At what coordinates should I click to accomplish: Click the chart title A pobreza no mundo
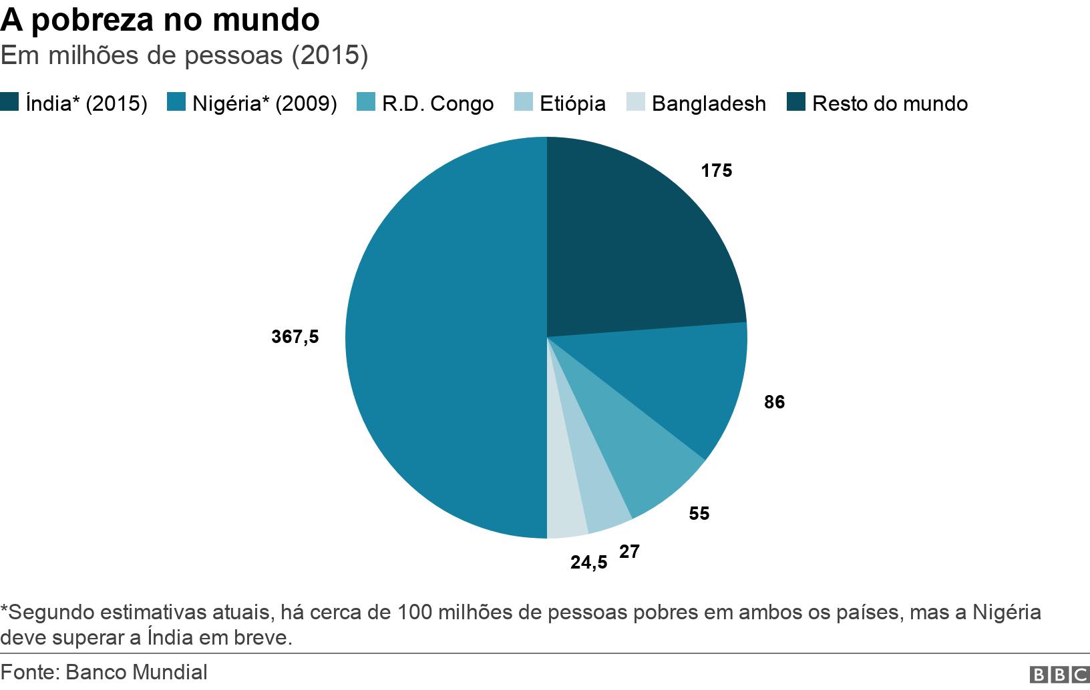point(160,20)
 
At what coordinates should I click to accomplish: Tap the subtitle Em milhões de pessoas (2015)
point(184,55)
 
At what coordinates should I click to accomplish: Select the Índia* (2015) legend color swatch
point(9,103)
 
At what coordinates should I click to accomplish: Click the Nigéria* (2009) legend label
point(264,103)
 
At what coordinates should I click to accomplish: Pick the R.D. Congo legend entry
point(437,103)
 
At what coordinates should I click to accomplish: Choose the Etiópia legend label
point(572,103)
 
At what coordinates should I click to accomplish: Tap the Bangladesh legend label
point(709,103)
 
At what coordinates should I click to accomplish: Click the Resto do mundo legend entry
point(890,103)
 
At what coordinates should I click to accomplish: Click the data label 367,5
point(295,337)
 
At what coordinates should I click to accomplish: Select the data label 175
point(716,171)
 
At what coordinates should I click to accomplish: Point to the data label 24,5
point(588,563)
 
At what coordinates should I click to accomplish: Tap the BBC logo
point(1059,675)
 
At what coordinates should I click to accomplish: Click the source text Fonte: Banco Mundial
point(104,672)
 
